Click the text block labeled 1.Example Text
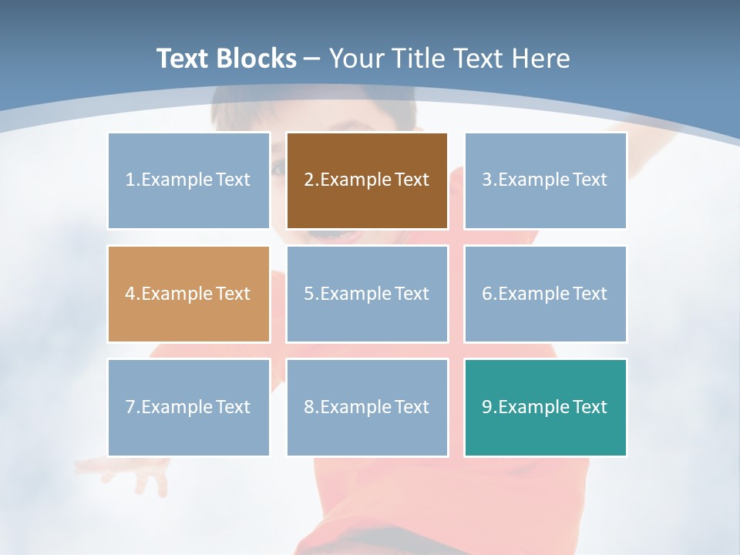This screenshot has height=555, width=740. [x=189, y=180]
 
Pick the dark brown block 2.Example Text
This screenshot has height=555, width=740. [x=367, y=180]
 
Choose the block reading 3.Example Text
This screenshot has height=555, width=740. [x=545, y=180]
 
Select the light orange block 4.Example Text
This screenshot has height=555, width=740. [x=189, y=294]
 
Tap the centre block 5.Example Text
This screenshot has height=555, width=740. [x=367, y=294]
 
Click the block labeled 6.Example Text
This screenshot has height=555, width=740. [x=545, y=294]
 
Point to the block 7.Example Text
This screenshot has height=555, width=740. [x=189, y=407]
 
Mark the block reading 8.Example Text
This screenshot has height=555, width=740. [x=367, y=407]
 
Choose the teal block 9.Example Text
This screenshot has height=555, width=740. [x=545, y=407]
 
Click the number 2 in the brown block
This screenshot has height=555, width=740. [x=308, y=180]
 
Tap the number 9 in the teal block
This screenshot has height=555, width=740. [x=487, y=407]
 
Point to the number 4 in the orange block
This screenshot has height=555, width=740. [x=130, y=294]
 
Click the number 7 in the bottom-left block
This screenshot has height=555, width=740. [x=130, y=407]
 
